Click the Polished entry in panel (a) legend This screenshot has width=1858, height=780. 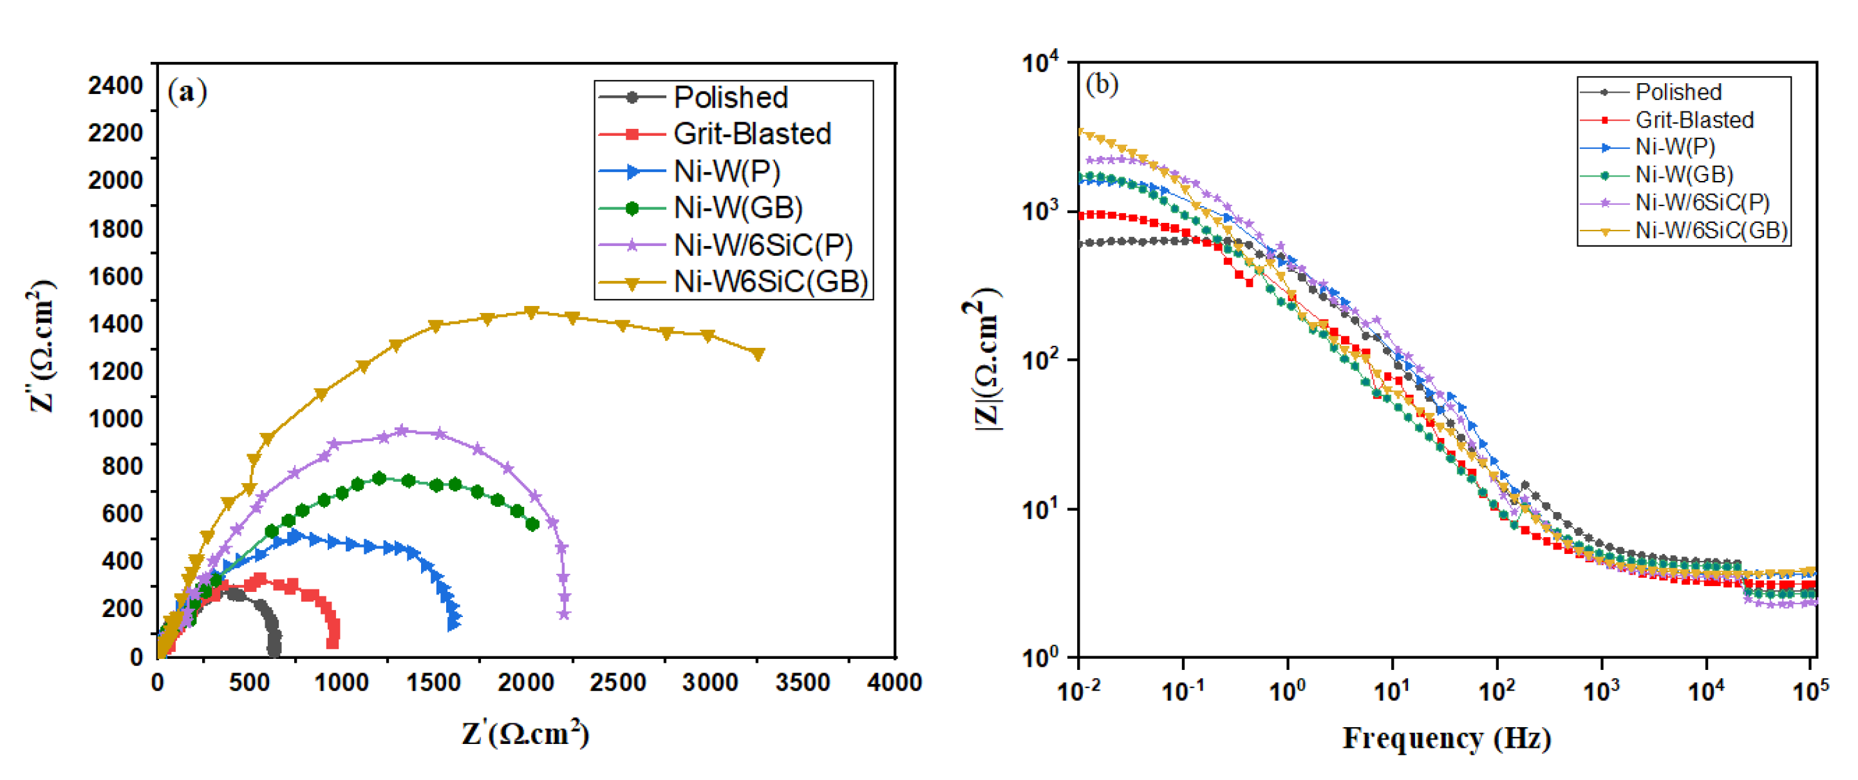tap(730, 97)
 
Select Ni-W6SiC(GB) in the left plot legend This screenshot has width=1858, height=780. tap(771, 281)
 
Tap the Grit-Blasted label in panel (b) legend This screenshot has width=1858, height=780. tap(1694, 120)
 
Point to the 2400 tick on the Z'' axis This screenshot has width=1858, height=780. tap(115, 86)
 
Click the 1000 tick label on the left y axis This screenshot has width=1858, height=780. tap(115, 419)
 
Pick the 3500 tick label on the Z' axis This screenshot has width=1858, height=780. tap(802, 683)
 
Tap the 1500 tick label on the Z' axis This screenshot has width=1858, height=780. tap(433, 683)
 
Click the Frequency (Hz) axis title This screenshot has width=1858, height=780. tap(1446, 738)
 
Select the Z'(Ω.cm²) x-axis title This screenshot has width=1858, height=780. tap(526, 734)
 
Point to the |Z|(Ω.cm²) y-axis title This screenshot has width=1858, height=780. tap(986, 361)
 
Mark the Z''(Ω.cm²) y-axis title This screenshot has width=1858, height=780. tap(42, 347)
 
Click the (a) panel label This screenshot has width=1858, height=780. tap(187, 92)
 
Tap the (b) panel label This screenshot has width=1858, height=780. tap(1102, 84)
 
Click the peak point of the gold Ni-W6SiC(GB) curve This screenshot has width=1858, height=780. tap(532, 312)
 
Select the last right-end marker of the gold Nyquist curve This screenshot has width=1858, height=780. tap(758, 354)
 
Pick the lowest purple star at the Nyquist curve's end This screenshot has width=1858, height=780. tap(564, 614)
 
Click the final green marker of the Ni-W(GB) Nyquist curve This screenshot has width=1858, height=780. tap(532, 524)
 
